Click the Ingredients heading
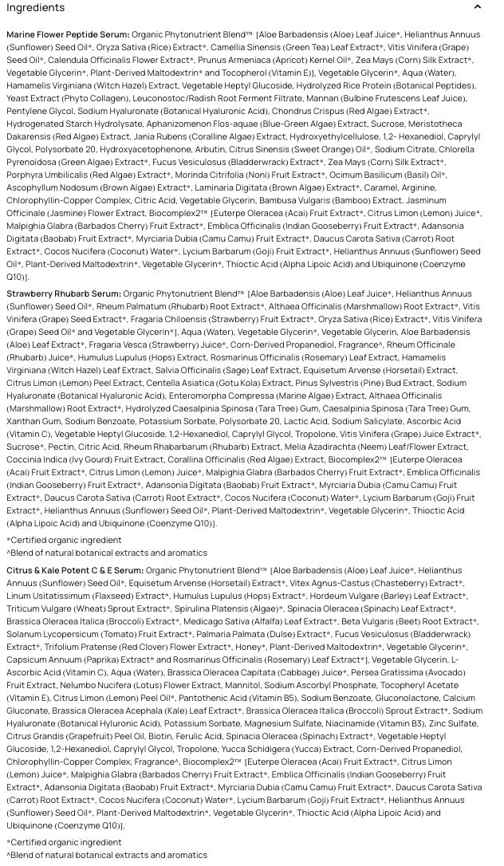pos(36,8)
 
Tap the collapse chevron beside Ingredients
pos(478,8)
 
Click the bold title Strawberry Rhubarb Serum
pos(64,294)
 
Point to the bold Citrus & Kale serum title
pos(75,571)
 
